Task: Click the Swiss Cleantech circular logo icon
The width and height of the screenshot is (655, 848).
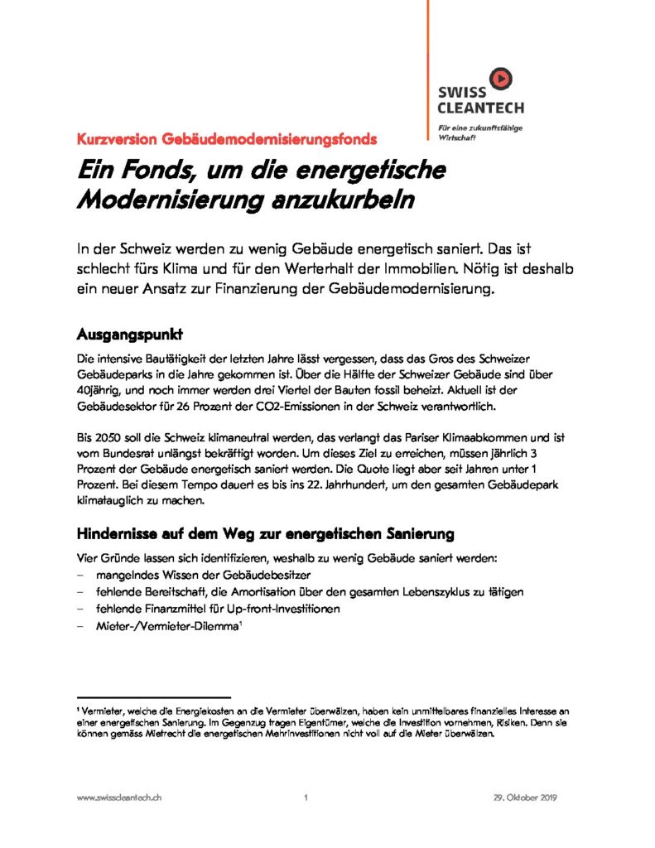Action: [500, 79]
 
